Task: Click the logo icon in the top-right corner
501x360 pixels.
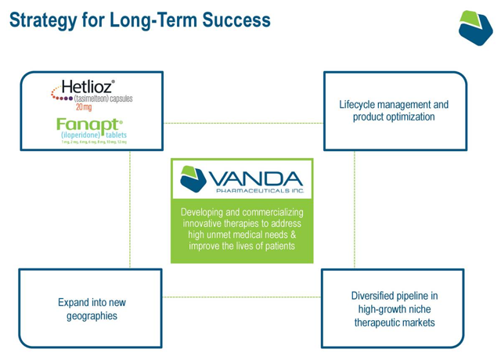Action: tap(475, 28)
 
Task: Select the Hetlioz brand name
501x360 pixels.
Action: tap(88, 87)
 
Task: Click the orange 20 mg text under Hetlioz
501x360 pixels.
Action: tap(84, 108)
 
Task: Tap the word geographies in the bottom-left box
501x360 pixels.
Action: tap(92, 316)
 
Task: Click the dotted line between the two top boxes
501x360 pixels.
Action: tap(243, 124)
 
